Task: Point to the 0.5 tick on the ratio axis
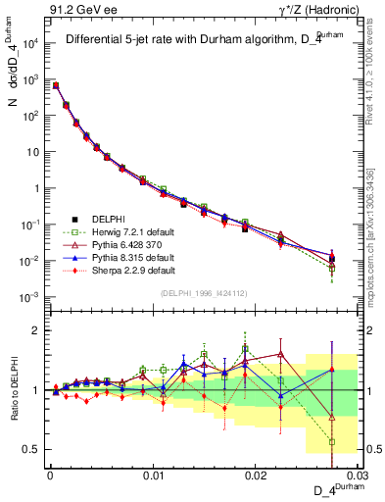click(32, 450)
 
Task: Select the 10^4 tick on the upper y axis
click(30, 44)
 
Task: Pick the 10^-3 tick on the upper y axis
click(30, 297)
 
